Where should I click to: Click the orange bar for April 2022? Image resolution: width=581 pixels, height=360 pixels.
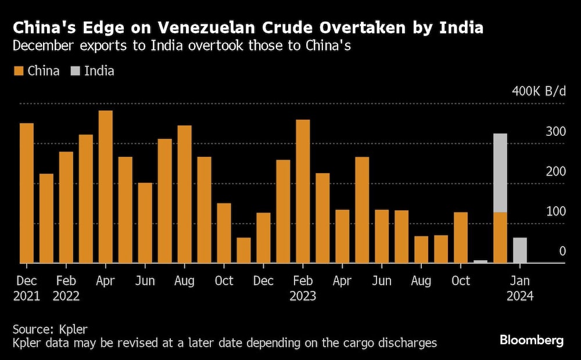[x=105, y=186]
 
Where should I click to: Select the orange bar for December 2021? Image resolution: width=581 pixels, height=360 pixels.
[x=27, y=193]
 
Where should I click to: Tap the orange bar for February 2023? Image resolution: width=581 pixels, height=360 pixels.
[x=303, y=191]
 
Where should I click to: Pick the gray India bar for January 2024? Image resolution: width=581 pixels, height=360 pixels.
[x=520, y=250]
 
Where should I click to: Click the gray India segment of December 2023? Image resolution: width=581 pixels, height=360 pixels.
[x=500, y=173]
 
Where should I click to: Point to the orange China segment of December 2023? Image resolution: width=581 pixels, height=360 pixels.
[x=500, y=237]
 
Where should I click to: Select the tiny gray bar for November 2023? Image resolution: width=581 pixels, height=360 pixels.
[x=480, y=261]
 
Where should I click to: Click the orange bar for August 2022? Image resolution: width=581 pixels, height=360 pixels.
[x=184, y=194]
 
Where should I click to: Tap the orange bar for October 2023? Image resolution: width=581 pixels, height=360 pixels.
[x=461, y=237]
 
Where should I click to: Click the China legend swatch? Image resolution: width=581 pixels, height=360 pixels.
[x=18, y=71]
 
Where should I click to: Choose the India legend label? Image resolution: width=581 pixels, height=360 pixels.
[x=99, y=71]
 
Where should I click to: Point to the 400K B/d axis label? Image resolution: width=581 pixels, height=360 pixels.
[x=539, y=92]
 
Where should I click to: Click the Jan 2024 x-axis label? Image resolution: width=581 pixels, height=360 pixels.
[x=520, y=288]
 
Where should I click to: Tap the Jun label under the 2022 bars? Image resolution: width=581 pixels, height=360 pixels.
[x=145, y=281]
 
